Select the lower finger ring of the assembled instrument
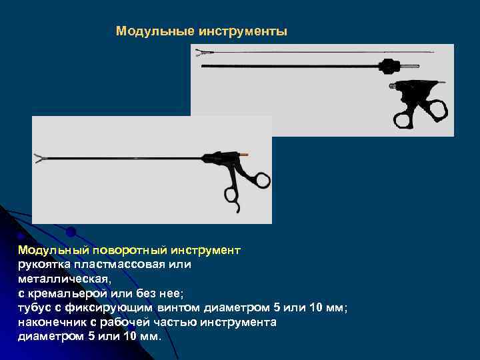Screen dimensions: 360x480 [x=231, y=195]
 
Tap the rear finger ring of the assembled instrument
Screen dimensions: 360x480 [x=260, y=179]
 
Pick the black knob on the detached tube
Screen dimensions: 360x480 [x=389, y=66]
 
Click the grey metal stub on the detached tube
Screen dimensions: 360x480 [x=412, y=66]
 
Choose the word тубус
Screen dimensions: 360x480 [x=37, y=307]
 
